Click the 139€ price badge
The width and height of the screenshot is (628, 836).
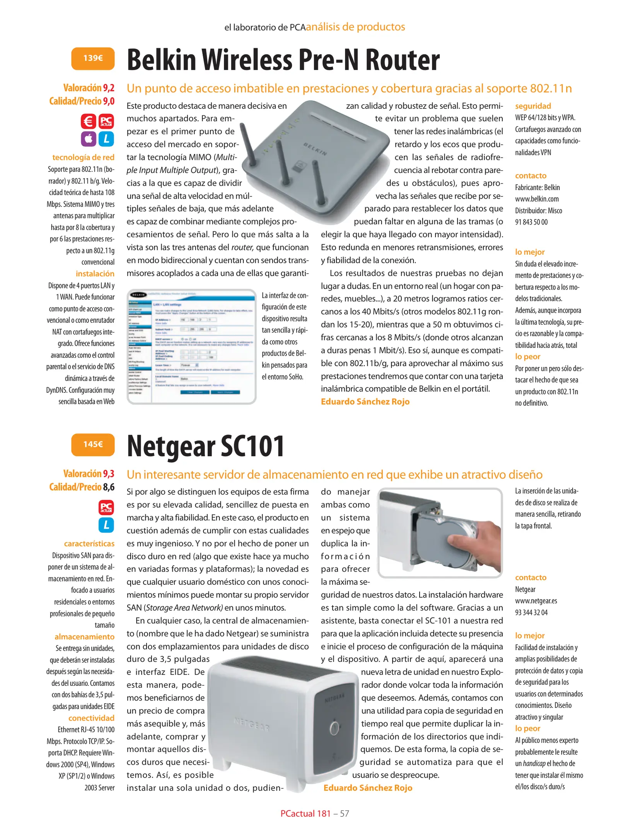93,58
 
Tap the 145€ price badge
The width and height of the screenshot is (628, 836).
93,444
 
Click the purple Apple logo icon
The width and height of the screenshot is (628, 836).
89,139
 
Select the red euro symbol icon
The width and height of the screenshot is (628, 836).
89,122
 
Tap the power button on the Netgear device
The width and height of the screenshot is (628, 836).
334,728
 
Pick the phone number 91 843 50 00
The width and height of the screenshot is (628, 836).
531,222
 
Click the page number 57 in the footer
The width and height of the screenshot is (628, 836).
345,814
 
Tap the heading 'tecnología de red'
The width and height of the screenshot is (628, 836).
83,157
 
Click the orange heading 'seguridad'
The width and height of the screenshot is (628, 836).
533,106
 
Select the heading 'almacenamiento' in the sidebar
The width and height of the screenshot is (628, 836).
84,637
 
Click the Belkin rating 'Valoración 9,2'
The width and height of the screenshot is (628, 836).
89,88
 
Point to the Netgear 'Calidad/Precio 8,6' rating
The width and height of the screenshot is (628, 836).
82,487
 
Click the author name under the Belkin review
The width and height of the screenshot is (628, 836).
365,402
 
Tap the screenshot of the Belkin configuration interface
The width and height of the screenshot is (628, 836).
191,347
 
